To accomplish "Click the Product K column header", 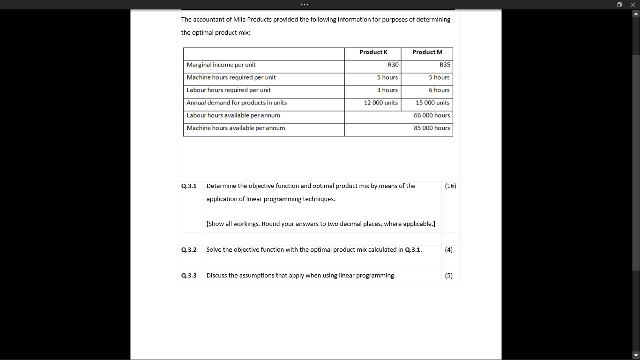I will pyautogui.click(x=373, y=52).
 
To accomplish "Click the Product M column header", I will pyautogui.click(x=427, y=52).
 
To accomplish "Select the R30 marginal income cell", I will pyautogui.click(x=393, y=65).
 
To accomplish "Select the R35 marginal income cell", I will pyautogui.click(x=444, y=65).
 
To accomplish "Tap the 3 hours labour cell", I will pyautogui.click(x=387, y=90).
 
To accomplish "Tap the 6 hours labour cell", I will pyautogui.click(x=439, y=90).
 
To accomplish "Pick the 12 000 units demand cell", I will pyautogui.click(x=380, y=103).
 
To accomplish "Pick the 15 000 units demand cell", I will pyautogui.click(x=432, y=103).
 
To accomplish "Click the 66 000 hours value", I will pyautogui.click(x=432, y=115).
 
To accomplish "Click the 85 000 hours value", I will pyautogui.click(x=432, y=128).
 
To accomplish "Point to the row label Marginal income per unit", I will pyautogui.click(x=221, y=65).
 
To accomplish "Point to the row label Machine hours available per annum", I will pyautogui.click(x=236, y=128).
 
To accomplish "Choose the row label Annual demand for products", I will pyautogui.click(x=237, y=103).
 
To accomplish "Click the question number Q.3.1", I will pyautogui.click(x=189, y=186).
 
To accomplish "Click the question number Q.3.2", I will pyautogui.click(x=189, y=250).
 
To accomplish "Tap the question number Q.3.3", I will pyautogui.click(x=189, y=276).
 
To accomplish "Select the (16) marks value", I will pyautogui.click(x=450, y=186).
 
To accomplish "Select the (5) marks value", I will pyautogui.click(x=448, y=276).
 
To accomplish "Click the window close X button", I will pyautogui.click(x=633, y=5).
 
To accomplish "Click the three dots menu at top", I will pyautogui.click(x=305, y=5).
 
